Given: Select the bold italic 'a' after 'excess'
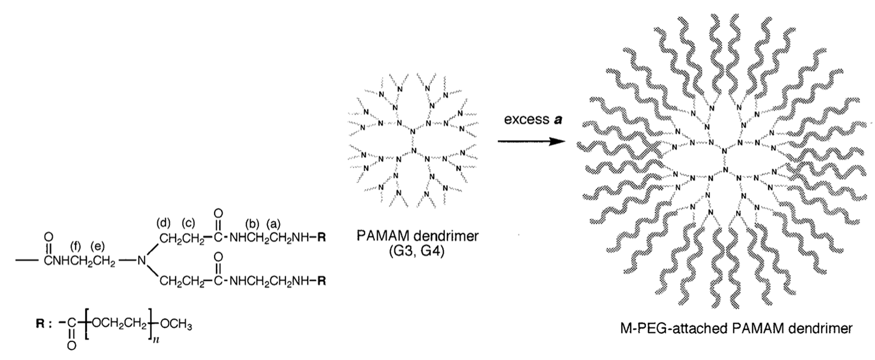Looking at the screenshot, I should (x=556, y=120).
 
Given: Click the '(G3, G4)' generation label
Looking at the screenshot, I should (x=417, y=253).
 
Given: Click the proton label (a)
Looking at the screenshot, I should (x=274, y=224).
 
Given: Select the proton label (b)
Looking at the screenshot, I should (x=252, y=224).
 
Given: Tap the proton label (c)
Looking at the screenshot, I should (x=189, y=224).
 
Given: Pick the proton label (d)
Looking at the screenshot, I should (x=163, y=224).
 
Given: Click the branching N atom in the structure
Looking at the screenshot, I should (x=141, y=261).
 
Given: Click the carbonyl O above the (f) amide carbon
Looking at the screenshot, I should (x=48, y=237).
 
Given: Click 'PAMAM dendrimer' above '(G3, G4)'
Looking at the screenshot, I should (x=417, y=237).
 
